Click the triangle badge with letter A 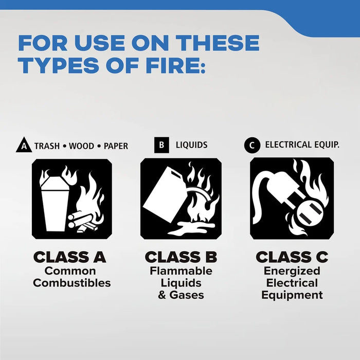pyautogui.click(x=23, y=146)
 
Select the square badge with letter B pyautogui.click(x=161, y=145)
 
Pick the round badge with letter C pyautogui.click(x=251, y=146)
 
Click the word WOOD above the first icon pyautogui.click(x=82, y=146)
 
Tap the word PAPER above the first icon pyautogui.click(x=116, y=146)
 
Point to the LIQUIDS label pyautogui.click(x=191, y=145)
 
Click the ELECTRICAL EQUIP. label pyautogui.click(x=302, y=145)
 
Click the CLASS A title pyautogui.click(x=70, y=257)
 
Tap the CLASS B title pyautogui.click(x=181, y=257)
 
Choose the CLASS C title pyautogui.click(x=292, y=257)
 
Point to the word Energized pyautogui.click(x=292, y=271)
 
